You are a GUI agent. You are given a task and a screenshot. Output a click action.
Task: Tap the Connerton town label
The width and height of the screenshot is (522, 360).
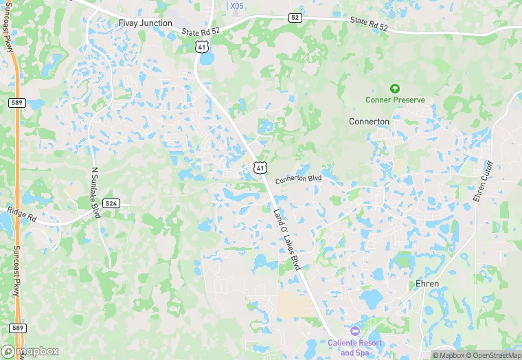369,122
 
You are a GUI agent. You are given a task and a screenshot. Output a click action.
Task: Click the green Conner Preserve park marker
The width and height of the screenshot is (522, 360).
394,89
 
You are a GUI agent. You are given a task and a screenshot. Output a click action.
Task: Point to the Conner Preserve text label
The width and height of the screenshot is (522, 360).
394,100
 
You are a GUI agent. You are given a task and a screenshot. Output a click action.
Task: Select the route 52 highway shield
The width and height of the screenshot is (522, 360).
295,17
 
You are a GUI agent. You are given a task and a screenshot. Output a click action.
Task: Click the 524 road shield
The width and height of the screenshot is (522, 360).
111,203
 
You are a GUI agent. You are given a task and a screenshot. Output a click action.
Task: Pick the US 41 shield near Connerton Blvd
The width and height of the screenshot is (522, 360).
259,167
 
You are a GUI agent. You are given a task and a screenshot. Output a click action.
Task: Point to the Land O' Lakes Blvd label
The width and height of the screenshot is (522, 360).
287,239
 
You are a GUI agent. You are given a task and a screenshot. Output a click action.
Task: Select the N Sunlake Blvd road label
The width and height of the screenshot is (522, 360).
95,191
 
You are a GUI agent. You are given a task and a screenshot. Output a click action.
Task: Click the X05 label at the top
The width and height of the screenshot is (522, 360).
237,6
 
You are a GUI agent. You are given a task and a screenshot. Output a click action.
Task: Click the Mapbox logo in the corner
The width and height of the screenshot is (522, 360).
30,351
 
